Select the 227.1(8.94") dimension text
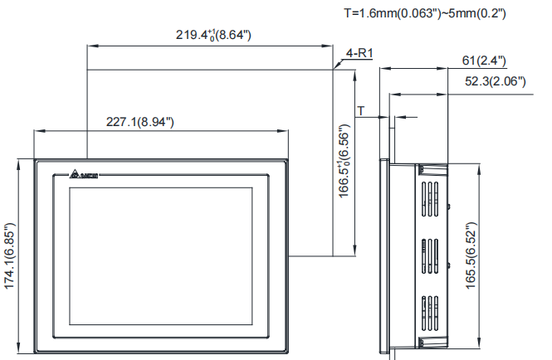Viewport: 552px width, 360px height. (x=139, y=121)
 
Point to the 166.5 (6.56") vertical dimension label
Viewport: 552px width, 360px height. (x=344, y=162)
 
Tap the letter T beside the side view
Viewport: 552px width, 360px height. (x=361, y=110)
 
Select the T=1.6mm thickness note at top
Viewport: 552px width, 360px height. (x=424, y=13)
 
